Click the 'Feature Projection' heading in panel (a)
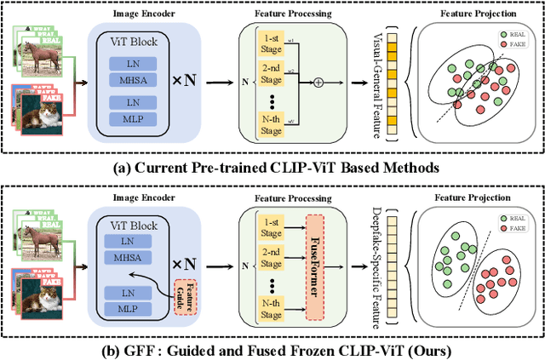click(x=473, y=15)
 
